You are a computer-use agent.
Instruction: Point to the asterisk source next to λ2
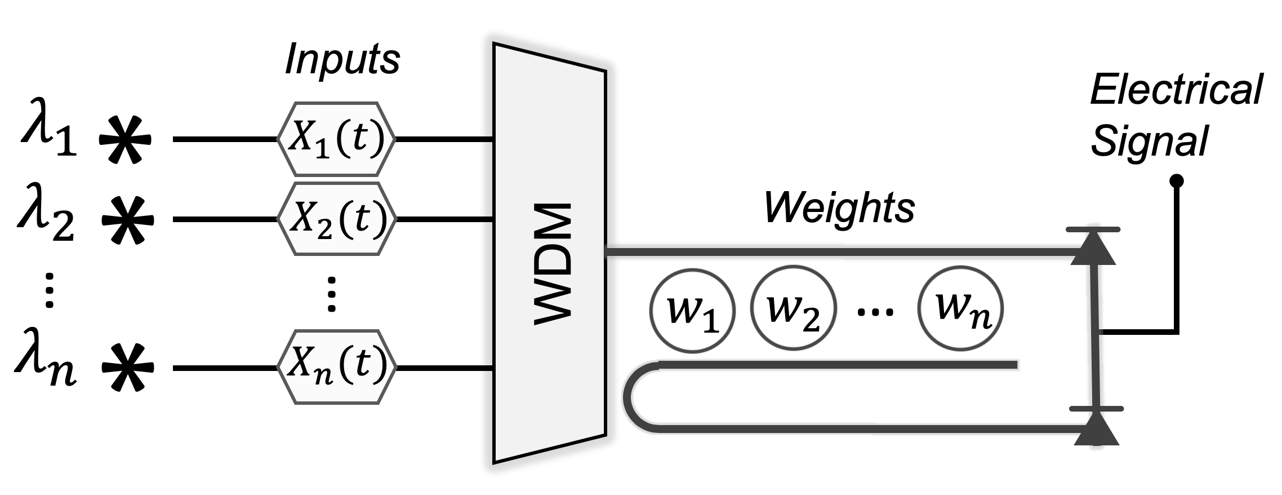click(127, 220)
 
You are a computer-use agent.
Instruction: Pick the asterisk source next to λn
click(127, 369)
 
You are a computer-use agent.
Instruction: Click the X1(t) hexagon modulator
click(336, 139)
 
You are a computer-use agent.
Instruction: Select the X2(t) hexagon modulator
click(336, 219)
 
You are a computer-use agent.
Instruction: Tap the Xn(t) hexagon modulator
click(336, 366)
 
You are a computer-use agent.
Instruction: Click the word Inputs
click(342, 60)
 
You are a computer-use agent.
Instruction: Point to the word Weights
click(839, 208)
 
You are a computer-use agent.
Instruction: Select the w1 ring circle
click(692, 311)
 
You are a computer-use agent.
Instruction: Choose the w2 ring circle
click(793, 311)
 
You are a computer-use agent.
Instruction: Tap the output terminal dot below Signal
click(1177, 181)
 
